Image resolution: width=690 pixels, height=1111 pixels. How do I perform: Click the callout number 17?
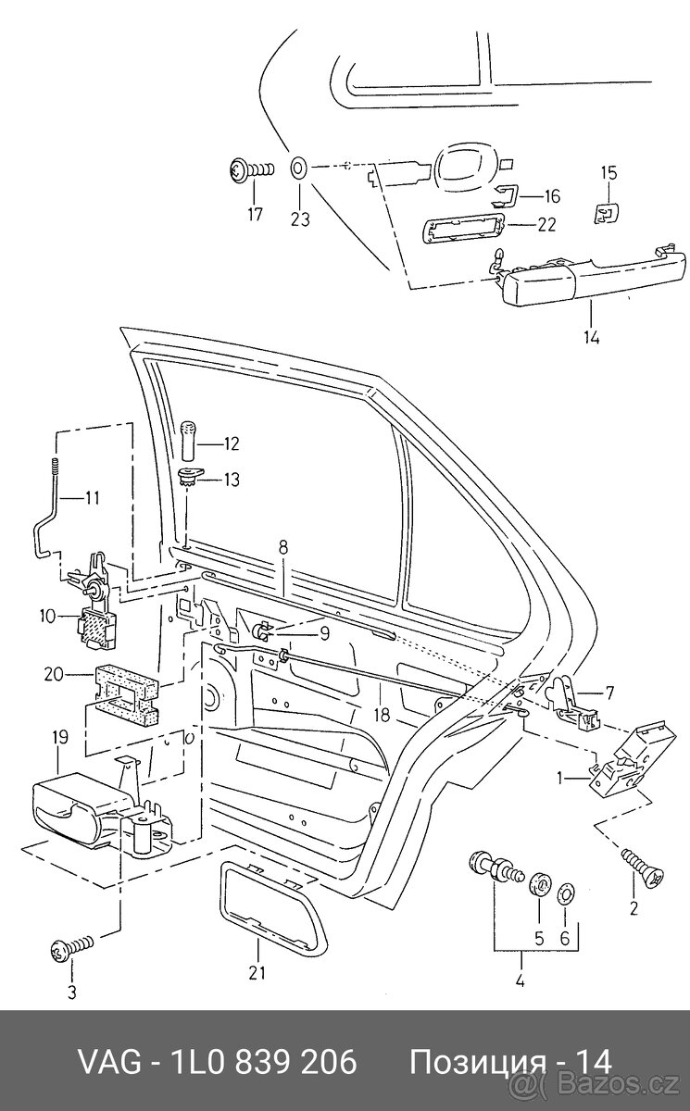(x=255, y=216)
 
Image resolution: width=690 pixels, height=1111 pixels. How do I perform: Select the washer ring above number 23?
(x=299, y=169)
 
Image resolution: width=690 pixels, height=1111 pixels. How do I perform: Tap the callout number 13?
(x=230, y=479)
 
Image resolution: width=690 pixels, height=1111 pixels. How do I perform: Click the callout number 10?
(x=47, y=615)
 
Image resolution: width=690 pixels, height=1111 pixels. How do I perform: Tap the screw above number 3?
(x=70, y=947)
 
